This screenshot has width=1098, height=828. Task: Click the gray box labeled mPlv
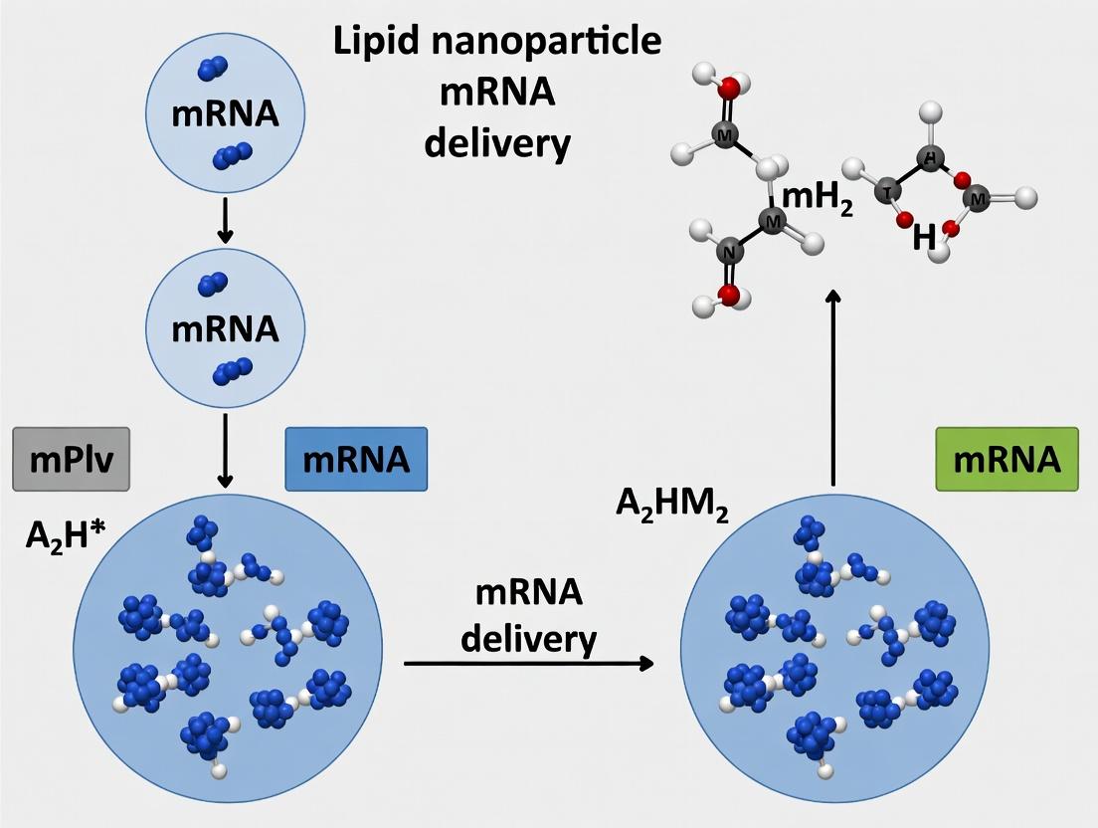coord(71,460)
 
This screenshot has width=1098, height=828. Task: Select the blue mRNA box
coord(356,459)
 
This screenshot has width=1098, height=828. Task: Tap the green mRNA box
coord(1006,459)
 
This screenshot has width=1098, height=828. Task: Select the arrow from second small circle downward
coord(225,450)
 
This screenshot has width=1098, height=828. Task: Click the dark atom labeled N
coord(729,253)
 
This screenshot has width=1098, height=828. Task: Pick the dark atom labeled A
coord(929,159)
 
